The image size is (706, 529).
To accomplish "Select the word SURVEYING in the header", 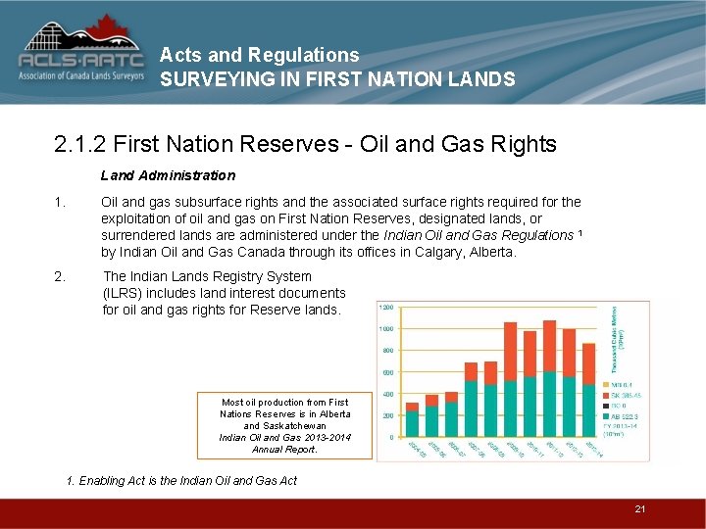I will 209,80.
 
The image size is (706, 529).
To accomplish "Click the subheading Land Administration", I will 168,175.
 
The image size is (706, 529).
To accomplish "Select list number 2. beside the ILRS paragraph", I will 60,276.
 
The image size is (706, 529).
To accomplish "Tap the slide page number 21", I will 639,508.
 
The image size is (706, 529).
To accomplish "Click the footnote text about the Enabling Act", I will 181,480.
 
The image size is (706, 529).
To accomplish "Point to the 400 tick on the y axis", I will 388,394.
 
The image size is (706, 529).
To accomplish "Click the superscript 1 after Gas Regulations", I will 581,233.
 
